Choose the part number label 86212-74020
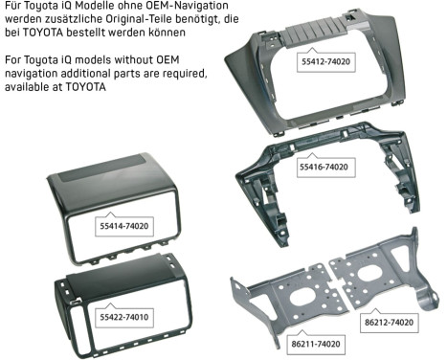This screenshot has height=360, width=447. [x=388, y=324]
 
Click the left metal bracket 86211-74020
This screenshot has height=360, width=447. [x=287, y=292]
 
